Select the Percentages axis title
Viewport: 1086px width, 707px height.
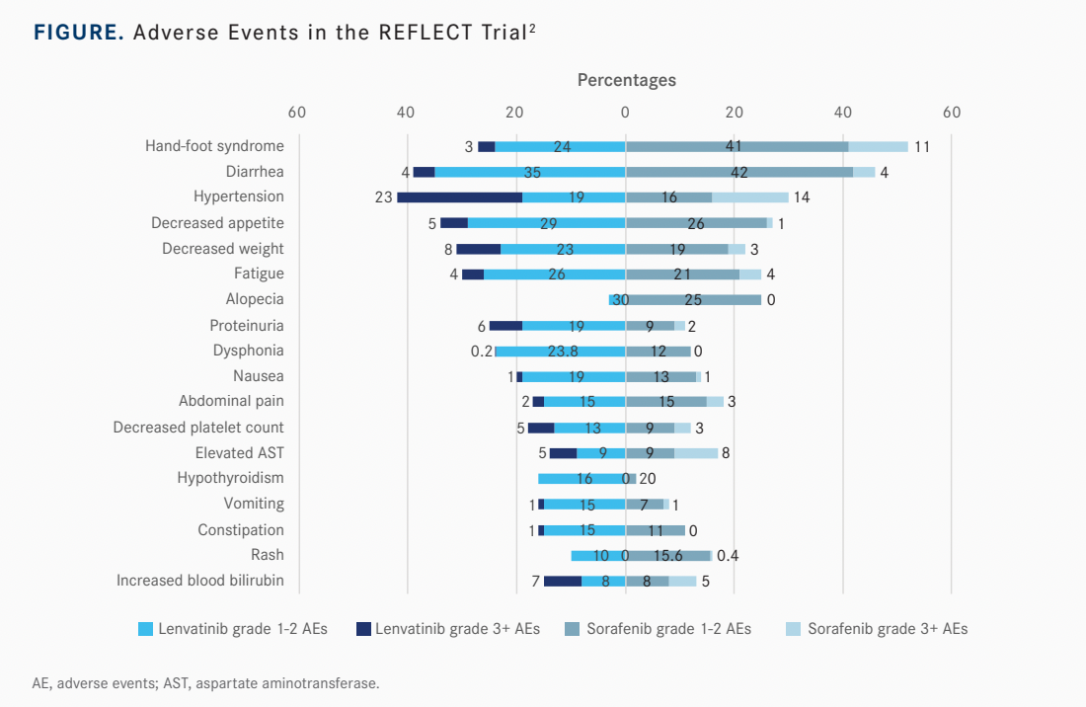(626, 80)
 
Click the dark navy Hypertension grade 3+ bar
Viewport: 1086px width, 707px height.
(459, 197)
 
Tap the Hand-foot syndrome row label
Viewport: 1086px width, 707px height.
(214, 146)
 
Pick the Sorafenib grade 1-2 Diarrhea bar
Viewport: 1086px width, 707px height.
(738, 172)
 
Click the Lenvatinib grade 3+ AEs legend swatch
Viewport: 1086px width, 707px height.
(363, 629)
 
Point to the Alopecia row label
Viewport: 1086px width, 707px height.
(254, 299)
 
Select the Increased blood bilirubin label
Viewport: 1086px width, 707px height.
(200, 581)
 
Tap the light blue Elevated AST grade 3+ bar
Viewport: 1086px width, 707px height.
(696, 453)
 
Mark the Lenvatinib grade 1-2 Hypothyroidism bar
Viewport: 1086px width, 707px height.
(582, 479)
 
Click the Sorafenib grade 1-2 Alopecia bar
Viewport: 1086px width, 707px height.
(694, 299)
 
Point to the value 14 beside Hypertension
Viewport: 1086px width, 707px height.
(802, 197)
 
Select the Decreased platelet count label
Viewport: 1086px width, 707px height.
(198, 428)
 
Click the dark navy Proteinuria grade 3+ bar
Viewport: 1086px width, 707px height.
(505, 325)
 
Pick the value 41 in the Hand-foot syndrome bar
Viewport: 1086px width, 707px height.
(733, 146)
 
